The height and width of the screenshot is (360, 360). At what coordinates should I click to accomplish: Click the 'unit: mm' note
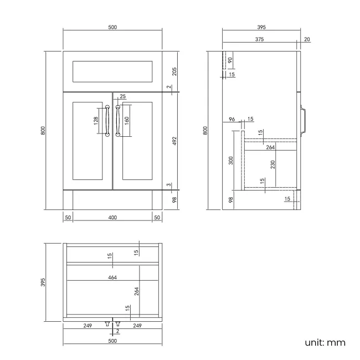coord(325,342)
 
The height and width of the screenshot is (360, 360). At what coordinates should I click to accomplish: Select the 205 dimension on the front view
coord(174,70)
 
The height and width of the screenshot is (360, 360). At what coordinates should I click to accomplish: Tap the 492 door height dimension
coord(174,141)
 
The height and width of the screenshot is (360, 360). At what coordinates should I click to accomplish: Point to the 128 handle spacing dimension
coord(96,121)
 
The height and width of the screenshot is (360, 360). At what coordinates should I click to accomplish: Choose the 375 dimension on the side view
coord(259,39)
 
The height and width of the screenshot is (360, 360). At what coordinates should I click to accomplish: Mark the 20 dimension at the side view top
coord(307,39)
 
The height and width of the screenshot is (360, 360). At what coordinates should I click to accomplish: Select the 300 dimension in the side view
coord(231,161)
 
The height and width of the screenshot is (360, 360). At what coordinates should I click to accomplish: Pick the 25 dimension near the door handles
coord(123,96)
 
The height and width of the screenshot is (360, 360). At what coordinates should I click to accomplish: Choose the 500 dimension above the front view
coord(112,26)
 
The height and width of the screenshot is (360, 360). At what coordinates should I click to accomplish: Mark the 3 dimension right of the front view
coord(168,186)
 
